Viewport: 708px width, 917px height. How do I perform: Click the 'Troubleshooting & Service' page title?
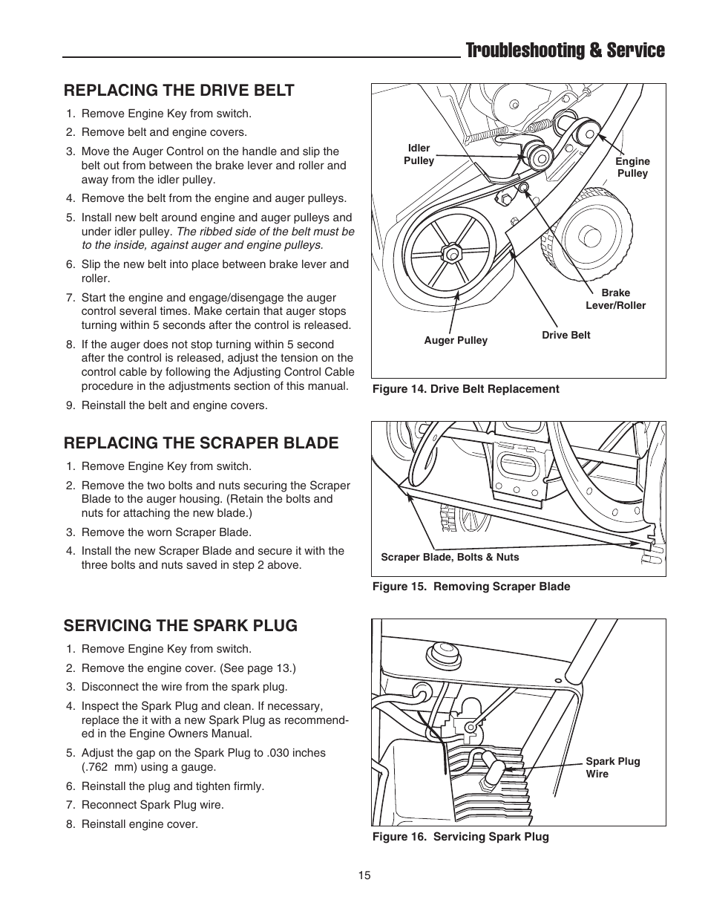click(x=565, y=50)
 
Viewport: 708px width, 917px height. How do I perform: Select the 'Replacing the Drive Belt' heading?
click(x=179, y=91)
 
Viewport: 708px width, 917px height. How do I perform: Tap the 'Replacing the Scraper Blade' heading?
click(x=200, y=443)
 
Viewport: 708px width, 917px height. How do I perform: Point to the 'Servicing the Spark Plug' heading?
click(x=180, y=626)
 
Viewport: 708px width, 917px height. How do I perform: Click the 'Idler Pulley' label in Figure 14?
click(x=419, y=154)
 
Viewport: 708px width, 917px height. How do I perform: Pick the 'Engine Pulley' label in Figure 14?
click(x=632, y=167)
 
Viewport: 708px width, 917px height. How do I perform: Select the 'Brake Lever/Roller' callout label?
click(x=615, y=299)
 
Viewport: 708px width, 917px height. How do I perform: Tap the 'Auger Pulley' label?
click(x=456, y=340)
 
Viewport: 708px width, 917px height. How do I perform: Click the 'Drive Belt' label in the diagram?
click(x=566, y=335)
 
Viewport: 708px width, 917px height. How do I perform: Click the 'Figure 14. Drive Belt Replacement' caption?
click(x=465, y=389)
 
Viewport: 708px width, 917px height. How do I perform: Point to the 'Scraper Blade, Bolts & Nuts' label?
click(x=450, y=557)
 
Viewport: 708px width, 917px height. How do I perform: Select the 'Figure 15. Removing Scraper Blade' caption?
click(x=471, y=587)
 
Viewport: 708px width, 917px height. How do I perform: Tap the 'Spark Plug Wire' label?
click(x=612, y=768)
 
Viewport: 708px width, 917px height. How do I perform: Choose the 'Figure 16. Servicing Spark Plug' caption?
click(x=460, y=837)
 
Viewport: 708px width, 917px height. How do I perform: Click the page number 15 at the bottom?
click(x=364, y=875)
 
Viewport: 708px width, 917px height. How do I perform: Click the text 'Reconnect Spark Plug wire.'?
click(x=152, y=805)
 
